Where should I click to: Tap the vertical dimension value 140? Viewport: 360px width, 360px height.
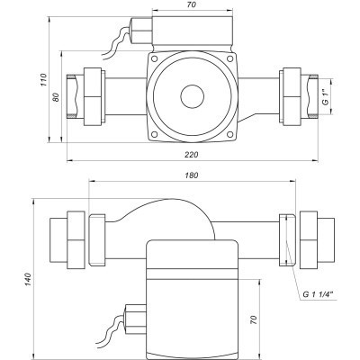[30, 281]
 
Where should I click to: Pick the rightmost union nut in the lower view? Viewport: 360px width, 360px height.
[319, 238]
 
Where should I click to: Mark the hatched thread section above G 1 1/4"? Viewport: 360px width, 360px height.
[285, 239]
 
